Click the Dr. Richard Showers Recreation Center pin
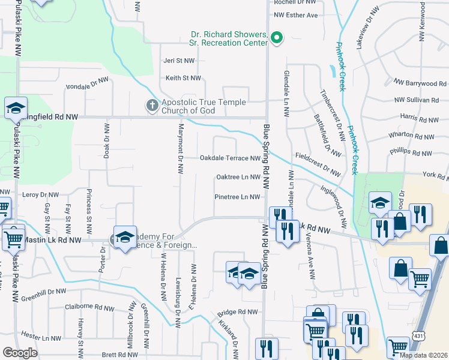[277, 39]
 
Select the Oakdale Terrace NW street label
[230, 158]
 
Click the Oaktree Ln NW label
[238, 178]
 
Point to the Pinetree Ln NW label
[237, 197]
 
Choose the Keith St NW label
[183, 78]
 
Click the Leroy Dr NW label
[41, 195]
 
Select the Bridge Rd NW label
[237, 313]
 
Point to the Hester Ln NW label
[41, 338]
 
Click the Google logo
[20, 353]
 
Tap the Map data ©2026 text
[423, 355]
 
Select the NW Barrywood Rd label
[421, 83]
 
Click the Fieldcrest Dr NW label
[318, 164]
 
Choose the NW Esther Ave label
[295, 15]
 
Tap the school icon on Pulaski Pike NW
[16, 108]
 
